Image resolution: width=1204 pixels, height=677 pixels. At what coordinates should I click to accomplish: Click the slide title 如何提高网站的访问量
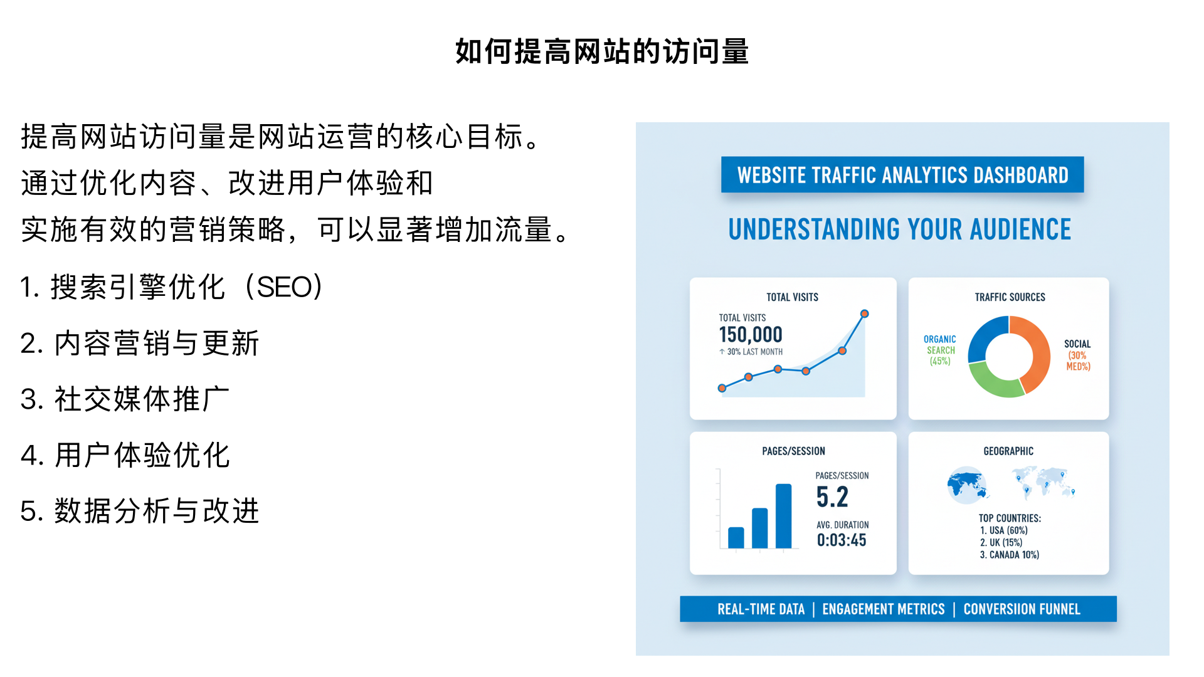tap(601, 51)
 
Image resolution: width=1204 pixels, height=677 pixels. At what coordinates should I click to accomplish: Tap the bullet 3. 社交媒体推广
tap(125, 399)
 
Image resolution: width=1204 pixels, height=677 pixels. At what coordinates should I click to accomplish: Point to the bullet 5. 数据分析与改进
tap(139, 511)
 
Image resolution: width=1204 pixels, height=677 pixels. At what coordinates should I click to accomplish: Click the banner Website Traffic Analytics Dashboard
tap(902, 175)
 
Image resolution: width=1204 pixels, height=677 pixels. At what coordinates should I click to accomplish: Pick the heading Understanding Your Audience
tap(899, 229)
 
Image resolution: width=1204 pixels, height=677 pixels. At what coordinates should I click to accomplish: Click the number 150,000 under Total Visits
tap(750, 335)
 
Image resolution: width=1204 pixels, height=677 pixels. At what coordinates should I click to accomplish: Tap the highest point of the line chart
tap(864, 313)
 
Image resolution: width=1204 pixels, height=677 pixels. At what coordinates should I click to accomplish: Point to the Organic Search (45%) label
tap(940, 350)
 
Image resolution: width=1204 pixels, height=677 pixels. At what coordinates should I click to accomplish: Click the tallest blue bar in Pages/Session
tap(783, 516)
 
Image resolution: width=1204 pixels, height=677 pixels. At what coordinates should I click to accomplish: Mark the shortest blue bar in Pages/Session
tap(736, 537)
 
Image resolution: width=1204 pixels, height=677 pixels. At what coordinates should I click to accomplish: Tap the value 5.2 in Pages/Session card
tap(832, 497)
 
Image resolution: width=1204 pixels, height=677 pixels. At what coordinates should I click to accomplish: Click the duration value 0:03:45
tap(842, 540)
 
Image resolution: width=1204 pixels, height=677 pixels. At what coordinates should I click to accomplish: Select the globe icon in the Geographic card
tap(966, 485)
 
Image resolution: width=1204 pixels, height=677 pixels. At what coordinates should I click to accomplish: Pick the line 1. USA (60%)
tap(1003, 530)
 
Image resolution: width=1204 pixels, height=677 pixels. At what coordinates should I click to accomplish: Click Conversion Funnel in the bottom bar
tap(1022, 609)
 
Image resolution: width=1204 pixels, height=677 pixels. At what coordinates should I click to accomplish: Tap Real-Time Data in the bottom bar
tap(761, 609)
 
